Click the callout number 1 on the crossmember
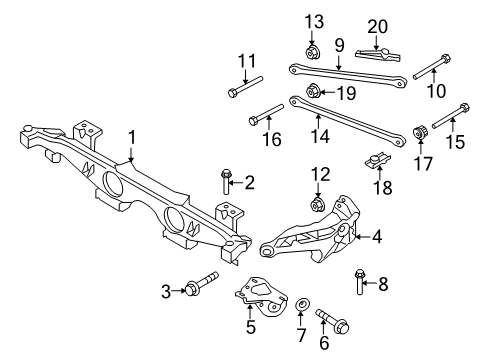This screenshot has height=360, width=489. (x=130, y=137)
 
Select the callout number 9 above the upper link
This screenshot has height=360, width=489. (x=339, y=46)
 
